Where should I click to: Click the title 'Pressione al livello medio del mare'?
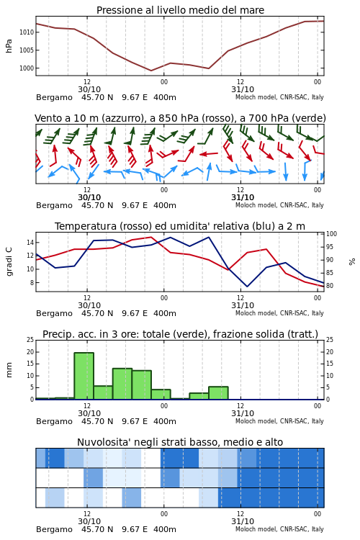[x=180, y=10]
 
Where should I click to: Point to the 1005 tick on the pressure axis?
[x=27, y=50]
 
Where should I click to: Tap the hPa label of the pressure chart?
[x=9, y=46]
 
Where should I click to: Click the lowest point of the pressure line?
[x=151, y=71]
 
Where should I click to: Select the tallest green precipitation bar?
[x=84, y=376]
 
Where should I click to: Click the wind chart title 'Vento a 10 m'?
[x=67, y=119]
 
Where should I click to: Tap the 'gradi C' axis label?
[x=9, y=262]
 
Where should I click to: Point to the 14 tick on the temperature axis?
[x=30, y=243]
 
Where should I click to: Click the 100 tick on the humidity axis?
[x=331, y=234]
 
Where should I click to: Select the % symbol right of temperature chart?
[x=352, y=262]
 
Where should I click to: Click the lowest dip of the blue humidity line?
[x=247, y=287]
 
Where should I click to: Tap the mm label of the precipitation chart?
[x=9, y=370]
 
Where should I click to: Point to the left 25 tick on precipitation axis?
[x=30, y=340]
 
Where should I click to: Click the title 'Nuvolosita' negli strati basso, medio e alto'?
[x=180, y=442]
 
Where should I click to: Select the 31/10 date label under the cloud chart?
[x=243, y=521]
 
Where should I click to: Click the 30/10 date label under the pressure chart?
[x=89, y=89]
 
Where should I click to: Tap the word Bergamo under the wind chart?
[x=54, y=206]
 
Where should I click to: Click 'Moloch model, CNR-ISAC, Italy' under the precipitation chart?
[x=279, y=421]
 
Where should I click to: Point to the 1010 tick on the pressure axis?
[x=27, y=32]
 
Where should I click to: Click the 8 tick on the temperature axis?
[x=32, y=283]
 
